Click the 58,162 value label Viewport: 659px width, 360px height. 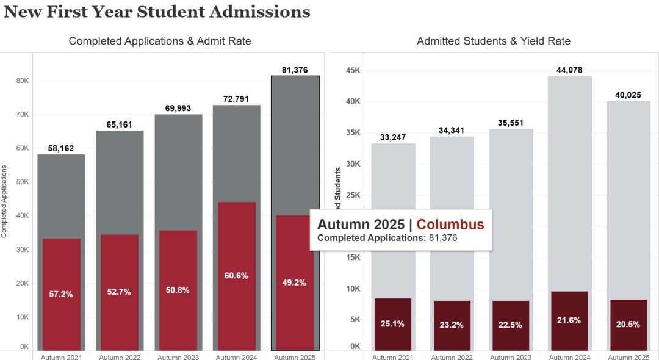click(x=61, y=148)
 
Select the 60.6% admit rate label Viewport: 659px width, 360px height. click(x=236, y=275)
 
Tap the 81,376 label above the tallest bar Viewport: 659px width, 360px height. click(x=295, y=70)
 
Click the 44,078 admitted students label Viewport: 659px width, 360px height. click(x=569, y=70)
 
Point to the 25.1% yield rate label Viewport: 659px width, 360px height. click(x=393, y=323)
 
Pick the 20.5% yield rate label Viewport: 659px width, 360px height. click(x=628, y=324)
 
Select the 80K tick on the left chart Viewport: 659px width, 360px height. click(x=22, y=81)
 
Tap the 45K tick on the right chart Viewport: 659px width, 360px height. click(x=353, y=70)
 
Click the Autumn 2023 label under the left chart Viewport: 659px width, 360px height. click(x=178, y=356)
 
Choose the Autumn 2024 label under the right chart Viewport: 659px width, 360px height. click(x=569, y=356)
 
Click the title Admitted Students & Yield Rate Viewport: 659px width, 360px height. click(x=494, y=41)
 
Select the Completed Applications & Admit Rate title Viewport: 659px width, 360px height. click(x=160, y=41)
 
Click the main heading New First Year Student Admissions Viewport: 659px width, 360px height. click(x=157, y=12)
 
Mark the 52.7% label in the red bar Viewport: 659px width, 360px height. click(x=119, y=292)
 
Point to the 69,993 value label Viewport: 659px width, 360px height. click(x=178, y=108)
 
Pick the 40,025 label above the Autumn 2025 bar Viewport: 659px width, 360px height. click(x=628, y=94)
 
